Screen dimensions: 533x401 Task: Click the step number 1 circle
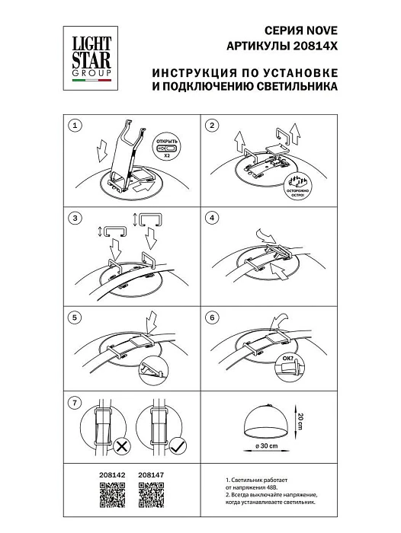(x=75, y=125)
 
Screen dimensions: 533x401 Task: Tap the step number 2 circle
(x=213, y=125)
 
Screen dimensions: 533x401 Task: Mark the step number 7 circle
(x=75, y=401)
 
